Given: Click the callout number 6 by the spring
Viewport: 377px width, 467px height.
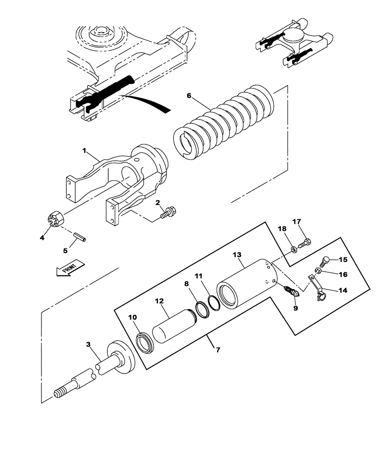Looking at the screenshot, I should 189,96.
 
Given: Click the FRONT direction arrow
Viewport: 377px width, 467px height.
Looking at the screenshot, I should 70,268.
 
